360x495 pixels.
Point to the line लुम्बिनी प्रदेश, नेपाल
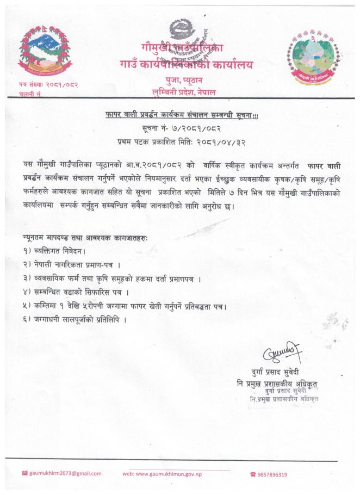point(184,92)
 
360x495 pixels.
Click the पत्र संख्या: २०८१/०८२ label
point(49,85)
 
